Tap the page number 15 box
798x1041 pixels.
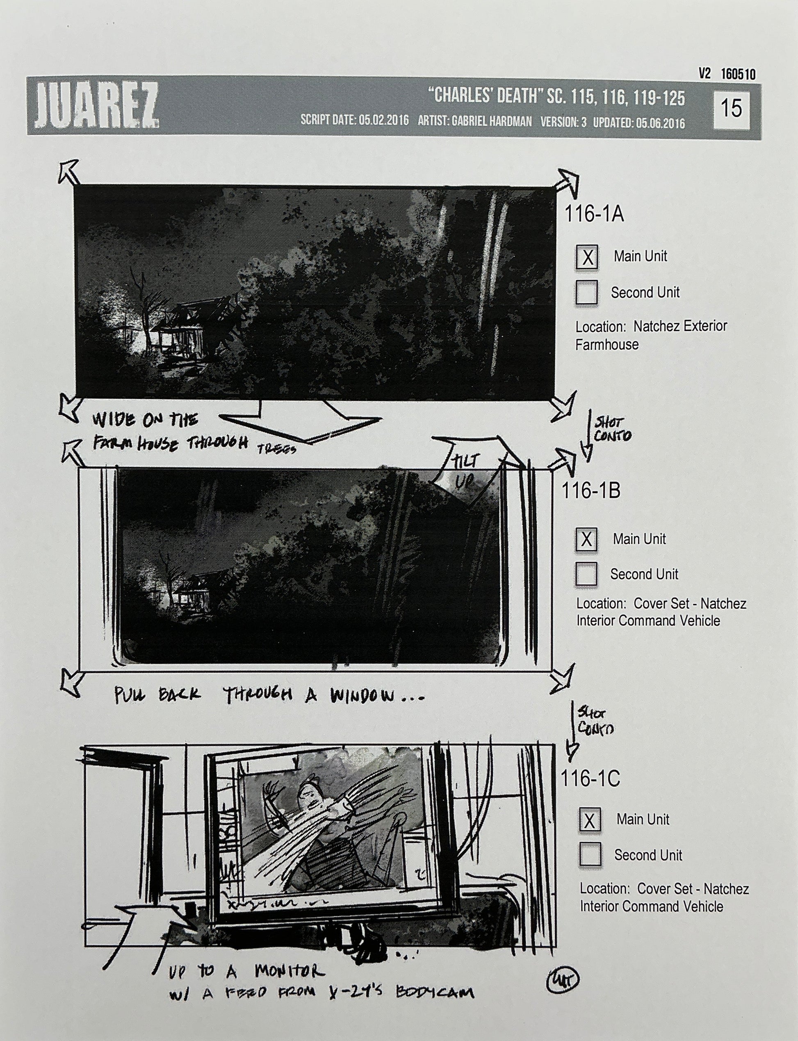[x=731, y=108]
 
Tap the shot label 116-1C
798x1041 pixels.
[x=591, y=779]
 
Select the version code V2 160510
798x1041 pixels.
[x=727, y=74]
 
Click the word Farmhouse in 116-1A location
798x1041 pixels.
[x=606, y=345]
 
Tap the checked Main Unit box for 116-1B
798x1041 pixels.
[x=587, y=539]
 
